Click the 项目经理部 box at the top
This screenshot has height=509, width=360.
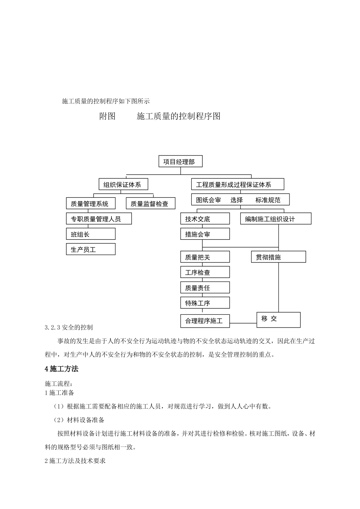pyautogui.click(x=180, y=162)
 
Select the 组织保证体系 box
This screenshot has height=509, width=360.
pyautogui.click(x=123, y=184)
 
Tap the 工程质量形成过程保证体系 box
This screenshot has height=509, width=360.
pyautogui.click(x=238, y=184)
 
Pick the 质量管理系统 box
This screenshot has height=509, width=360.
pyautogui.click(x=91, y=203)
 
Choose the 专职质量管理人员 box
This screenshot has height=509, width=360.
pyautogui.click(x=99, y=219)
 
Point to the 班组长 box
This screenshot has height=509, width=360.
pyautogui.click(x=91, y=234)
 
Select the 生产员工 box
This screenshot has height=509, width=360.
pyautogui.click(x=91, y=249)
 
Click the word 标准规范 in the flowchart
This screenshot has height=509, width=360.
pyautogui.click(x=268, y=200)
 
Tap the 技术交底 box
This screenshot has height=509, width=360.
pyautogui.click(x=205, y=219)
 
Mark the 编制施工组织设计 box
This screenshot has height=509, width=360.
pyautogui.click(x=275, y=219)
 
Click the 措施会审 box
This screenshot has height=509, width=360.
pyautogui.click(x=205, y=234)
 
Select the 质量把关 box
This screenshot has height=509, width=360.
pyautogui.click(x=205, y=257)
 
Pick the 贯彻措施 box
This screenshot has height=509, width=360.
pyautogui.click(x=278, y=257)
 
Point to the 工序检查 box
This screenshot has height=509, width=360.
pyautogui.click(x=205, y=272)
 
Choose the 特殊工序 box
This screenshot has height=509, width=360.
pyautogui.click(x=205, y=303)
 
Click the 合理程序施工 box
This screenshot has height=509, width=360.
pyautogui.click(x=205, y=321)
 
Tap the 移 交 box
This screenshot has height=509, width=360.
pyautogui.click(x=278, y=320)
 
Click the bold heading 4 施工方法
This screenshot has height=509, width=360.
pyautogui.click(x=62, y=368)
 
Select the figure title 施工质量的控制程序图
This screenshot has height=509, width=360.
pyautogui.click(x=178, y=116)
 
